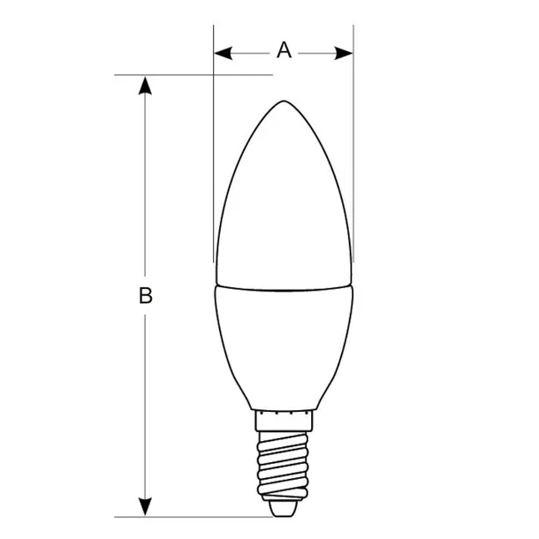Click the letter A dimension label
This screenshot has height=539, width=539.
[x=284, y=50]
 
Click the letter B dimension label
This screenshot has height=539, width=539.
[x=146, y=295]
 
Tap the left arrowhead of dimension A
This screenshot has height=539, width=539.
[x=222, y=53]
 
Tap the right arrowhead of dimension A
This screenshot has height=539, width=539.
[x=345, y=53]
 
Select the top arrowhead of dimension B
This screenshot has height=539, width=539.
[x=146, y=85]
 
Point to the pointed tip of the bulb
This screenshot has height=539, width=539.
[x=284, y=102]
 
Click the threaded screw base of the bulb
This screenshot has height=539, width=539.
[x=283, y=464]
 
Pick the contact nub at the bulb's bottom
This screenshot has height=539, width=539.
[x=283, y=509]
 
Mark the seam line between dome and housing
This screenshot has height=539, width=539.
[x=284, y=288]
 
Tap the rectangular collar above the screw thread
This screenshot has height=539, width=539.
[x=284, y=419]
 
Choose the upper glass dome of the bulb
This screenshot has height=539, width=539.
[x=284, y=203]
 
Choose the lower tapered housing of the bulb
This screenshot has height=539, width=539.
[x=284, y=345]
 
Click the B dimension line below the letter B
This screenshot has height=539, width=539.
[x=146, y=406]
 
